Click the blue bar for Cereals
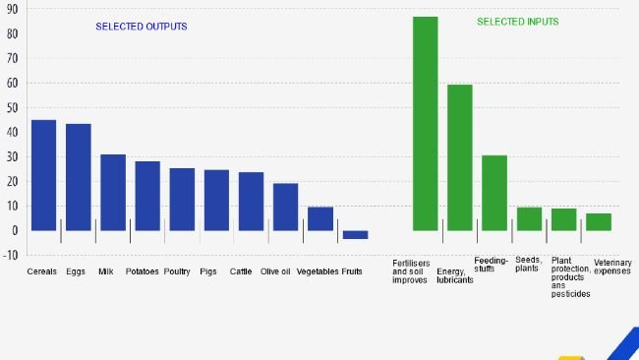pos(43,175)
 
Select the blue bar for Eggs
pos(78,177)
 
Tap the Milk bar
pos(113,192)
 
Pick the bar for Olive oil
pos(285,207)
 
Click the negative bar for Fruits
pos(355,235)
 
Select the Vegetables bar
pos(320,218)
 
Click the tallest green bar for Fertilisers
pos(425,123)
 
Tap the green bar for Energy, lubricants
pos(459,157)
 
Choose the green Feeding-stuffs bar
pos(494,193)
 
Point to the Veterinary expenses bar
pos(599,222)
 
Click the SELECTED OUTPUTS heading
pos(142,27)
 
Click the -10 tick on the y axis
pos(10,255)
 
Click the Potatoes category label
pos(143,271)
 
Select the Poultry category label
pos(178,271)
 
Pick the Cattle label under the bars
pos(241,271)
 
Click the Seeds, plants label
pos(529,265)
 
